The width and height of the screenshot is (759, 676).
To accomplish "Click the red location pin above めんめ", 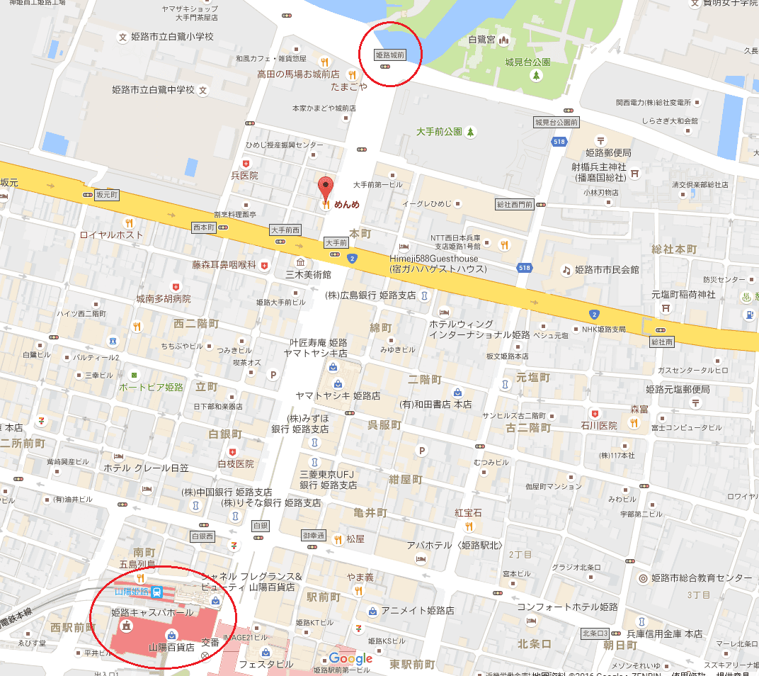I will tap(325, 187).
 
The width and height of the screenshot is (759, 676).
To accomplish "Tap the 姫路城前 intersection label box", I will tap(389, 54).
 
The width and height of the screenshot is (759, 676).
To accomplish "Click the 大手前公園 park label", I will tap(439, 132).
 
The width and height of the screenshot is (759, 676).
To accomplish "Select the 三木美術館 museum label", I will tap(308, 274).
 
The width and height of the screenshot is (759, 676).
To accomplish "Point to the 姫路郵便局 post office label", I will tap(607, 152).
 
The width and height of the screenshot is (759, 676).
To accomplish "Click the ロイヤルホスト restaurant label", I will tap(112, 235).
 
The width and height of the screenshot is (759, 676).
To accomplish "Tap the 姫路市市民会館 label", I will tap(607, 270).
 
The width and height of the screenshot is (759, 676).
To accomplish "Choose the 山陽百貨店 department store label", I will tap(171, 647).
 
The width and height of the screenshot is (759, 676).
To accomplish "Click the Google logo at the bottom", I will tap(350, 659).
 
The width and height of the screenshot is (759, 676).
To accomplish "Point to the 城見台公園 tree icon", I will tap(537, 76).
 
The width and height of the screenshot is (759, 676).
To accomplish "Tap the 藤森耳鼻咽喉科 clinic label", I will tap(224, 264).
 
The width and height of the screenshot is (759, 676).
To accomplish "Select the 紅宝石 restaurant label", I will tap(468, 512).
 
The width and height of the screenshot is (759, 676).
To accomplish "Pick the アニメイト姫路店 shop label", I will tap(418, 611).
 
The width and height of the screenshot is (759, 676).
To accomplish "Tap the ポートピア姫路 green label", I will tap(151, 387).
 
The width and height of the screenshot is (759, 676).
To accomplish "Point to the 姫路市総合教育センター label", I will tap(701, 578).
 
